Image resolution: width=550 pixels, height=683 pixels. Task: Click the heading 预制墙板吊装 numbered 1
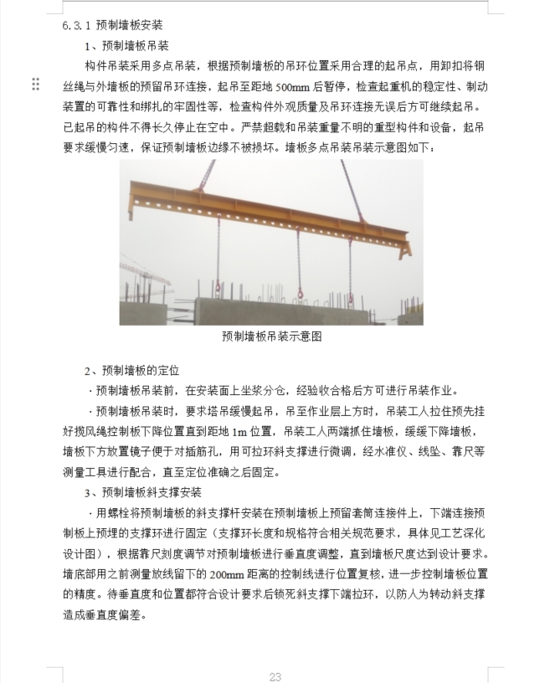point(132,45)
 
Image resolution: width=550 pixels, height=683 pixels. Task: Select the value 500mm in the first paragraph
point(289,85)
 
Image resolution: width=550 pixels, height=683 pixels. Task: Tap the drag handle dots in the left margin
point(35,84)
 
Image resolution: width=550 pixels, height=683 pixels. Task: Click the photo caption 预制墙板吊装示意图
point(271,336)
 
